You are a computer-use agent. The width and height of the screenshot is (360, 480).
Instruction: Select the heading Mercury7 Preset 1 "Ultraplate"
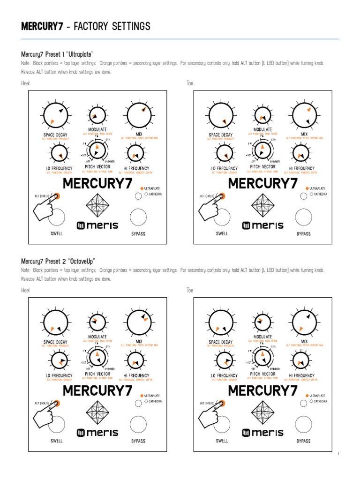coord(58,54)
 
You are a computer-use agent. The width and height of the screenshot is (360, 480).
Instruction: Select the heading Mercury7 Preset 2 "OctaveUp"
coord(58,261)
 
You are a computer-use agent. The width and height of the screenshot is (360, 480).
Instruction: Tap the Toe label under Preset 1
coord(190,83)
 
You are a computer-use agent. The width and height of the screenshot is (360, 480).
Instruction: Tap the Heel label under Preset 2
coord(25,290)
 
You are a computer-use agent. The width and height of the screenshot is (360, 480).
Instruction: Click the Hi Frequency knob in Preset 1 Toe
coord(299,153)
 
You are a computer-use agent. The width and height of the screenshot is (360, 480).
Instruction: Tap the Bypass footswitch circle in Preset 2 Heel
coord(138,424)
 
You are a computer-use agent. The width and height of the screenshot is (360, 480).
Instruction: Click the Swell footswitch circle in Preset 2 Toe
coord(222,424)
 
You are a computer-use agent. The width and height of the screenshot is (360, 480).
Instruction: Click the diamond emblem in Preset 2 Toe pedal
coord(262,413)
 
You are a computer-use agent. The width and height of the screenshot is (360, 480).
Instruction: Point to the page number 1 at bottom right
coord(338,454)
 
